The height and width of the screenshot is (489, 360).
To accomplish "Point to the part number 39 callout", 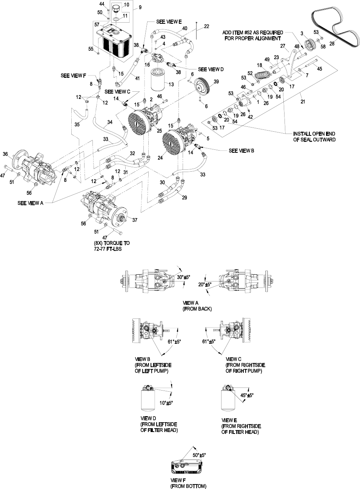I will (x=216, y=81).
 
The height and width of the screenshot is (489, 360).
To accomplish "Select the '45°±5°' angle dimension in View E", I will (x=247, y=395).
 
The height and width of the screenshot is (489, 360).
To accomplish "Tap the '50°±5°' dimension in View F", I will (x=199, y=455).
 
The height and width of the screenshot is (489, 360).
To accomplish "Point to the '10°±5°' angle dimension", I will (x=166, y=403).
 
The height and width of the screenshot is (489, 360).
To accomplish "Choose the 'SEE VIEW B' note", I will (x=242, y=151).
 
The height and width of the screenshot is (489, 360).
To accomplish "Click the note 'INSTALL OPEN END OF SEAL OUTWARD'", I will (x=314, y=137).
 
